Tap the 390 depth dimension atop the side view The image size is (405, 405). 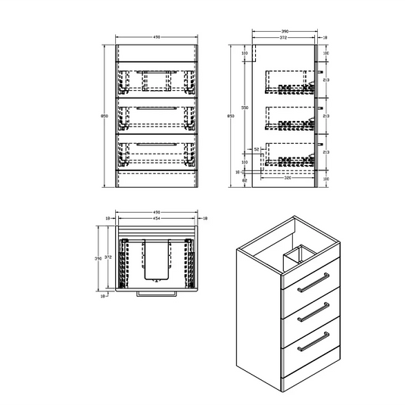click(285, 32)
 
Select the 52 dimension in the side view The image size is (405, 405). click(257, 149)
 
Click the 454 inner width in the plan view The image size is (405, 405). click(156, 220)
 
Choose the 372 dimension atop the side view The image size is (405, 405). click(281, 38)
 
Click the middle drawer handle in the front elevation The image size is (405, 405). click(156, 109)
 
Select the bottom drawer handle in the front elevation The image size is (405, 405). click(156, 143)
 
